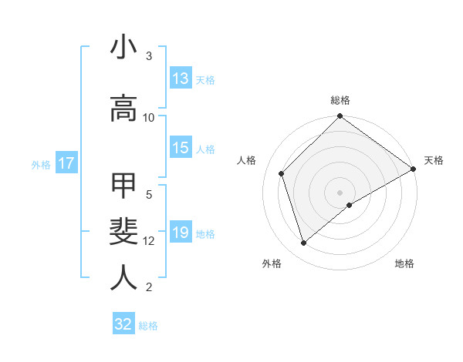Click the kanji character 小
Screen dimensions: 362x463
click(x=123, y=48)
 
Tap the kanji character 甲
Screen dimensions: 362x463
click(x=123, y=186)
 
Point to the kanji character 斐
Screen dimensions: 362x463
click(x=123, y=233)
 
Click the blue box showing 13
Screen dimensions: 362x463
click(x=181, y=79)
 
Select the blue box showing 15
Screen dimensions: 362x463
click(x=181, y=148)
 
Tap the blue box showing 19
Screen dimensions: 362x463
click(x=181, y=233)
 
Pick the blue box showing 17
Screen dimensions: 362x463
click(x=66, y=163)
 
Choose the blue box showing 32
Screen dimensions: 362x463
click(x=123, y=324)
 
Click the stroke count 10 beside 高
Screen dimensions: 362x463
click(x=149, y=117)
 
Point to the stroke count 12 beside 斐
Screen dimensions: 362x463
click(x=149, y=241)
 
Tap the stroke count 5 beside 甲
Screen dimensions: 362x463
click(x=149, y=194)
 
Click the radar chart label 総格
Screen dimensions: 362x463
click(x=340, y=100)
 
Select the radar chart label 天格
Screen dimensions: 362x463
click(x=434, y=160)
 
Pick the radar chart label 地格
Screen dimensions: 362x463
click(x=404, y=264)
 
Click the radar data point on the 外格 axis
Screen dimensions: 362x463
click(x=303, y=243)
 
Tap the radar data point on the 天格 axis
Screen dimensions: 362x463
click(x=414, y=169)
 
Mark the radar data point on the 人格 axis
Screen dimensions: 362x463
click(x=282, y=173)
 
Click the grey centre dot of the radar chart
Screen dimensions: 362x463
click(x=340, y=193)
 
